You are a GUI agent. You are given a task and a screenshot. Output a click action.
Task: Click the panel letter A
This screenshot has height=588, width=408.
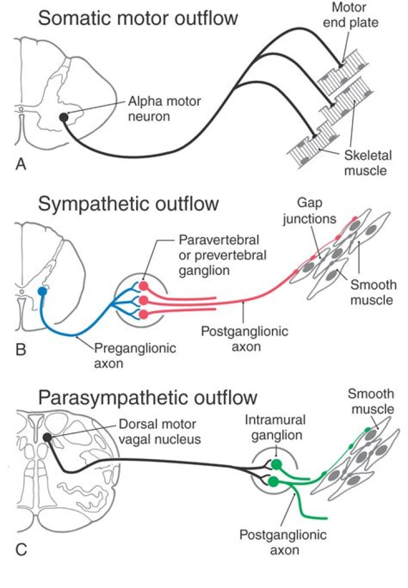point(21,164)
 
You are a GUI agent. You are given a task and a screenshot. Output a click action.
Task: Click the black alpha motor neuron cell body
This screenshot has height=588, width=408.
point(64,117)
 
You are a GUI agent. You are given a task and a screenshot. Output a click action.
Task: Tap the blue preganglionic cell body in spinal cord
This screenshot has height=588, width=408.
point(41,291)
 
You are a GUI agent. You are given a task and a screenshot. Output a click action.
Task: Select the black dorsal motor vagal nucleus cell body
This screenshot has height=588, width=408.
point(47,437)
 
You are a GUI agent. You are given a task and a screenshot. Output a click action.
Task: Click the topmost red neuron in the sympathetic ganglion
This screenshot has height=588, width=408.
point(143,286)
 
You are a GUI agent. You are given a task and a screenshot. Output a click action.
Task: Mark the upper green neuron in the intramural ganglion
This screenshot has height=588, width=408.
point(276,465)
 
